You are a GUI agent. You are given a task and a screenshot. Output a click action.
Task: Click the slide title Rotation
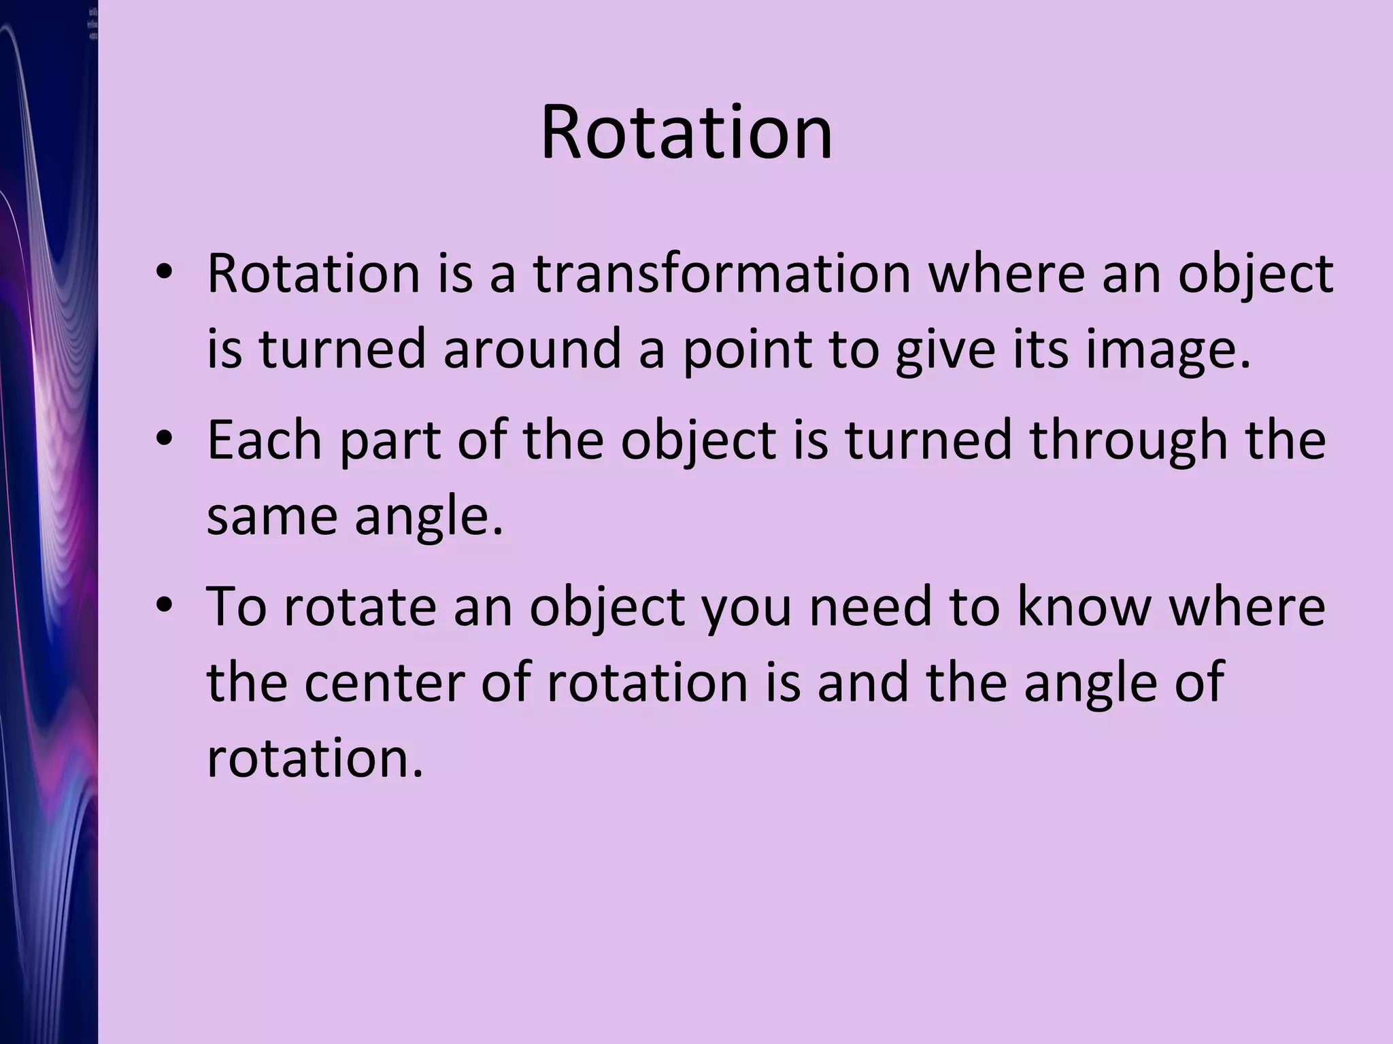tap(686, 132)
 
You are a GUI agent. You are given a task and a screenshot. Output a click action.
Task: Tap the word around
tap(533, 349)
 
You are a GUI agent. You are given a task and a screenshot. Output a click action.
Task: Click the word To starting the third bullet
tap(236, 606)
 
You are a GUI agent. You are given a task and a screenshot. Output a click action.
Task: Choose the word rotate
tap(360, 607)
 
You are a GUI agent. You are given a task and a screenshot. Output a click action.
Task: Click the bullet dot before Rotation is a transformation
tap(164, 274)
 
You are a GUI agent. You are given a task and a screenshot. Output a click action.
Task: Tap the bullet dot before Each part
tap(164, 440)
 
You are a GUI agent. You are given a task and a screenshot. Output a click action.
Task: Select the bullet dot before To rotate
tap(164, 606)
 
